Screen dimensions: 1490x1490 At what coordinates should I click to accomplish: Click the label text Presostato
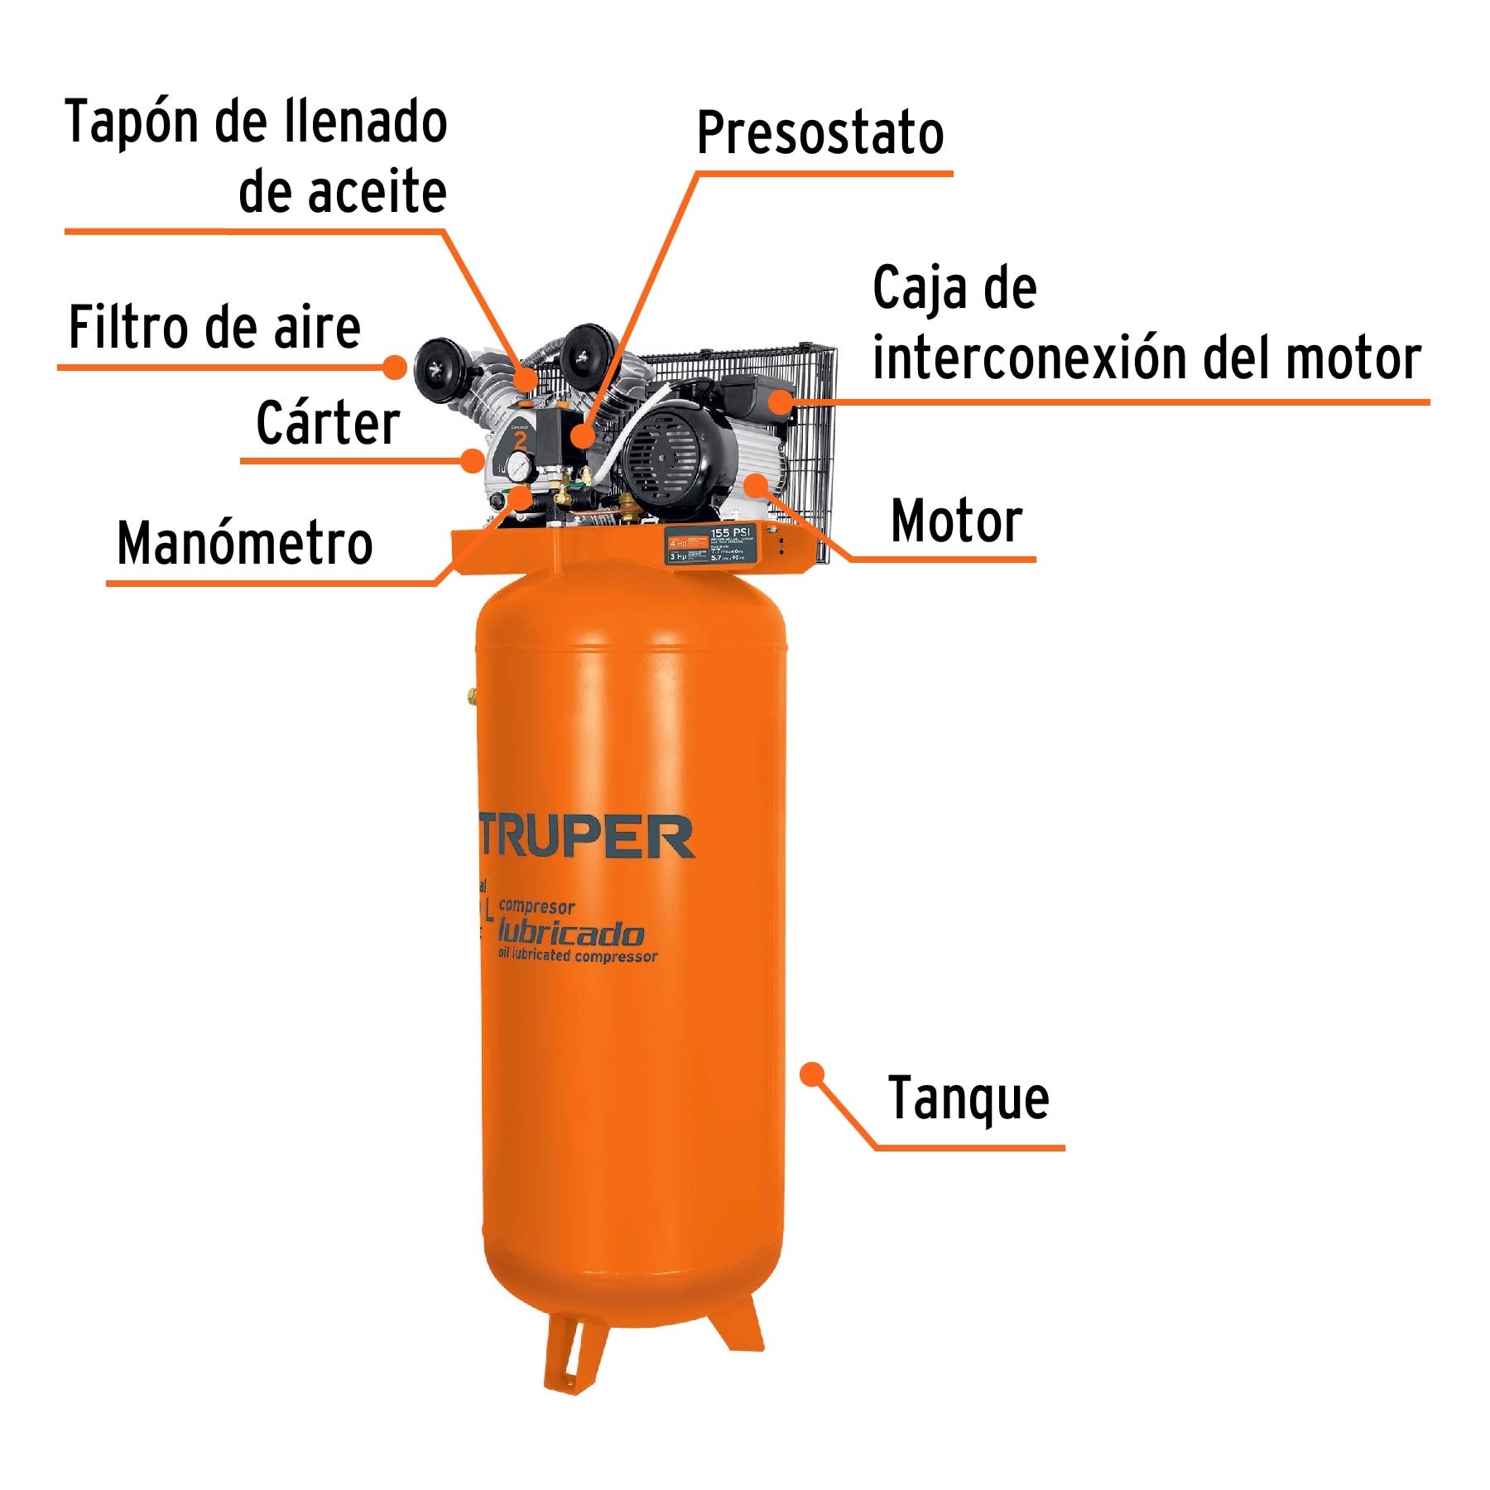pos(819,134)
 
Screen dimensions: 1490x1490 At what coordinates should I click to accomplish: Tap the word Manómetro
pos(245,545)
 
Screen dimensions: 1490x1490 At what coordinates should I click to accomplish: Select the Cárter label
pos(328,423)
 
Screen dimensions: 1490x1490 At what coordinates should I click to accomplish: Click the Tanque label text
pos(968,1099)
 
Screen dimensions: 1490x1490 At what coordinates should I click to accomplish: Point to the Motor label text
pos(956,521)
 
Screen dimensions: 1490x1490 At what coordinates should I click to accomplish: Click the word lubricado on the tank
pos(570,934)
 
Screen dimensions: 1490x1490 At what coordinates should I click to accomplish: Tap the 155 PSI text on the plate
pos(731,532)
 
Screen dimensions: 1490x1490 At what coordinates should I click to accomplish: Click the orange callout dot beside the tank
pos(813,1074)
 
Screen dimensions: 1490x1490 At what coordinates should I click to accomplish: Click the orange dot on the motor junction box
pos(780,402)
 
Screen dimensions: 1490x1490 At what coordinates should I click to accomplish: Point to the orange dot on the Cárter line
pos(473,460)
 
